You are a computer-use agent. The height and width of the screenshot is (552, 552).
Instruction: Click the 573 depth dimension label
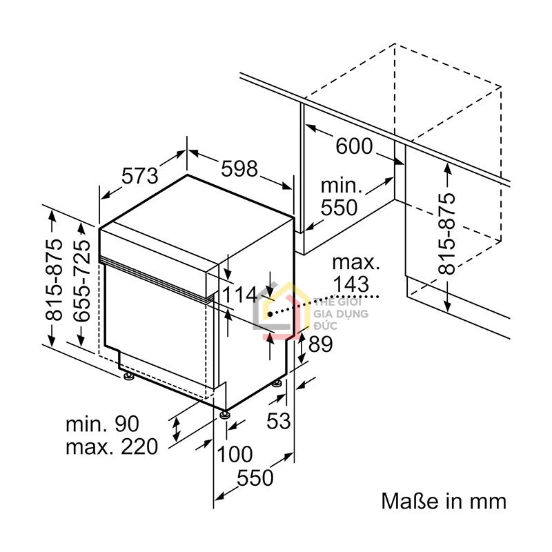click(x=140, y=176)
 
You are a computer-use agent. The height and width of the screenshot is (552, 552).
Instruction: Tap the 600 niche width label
click(x=354, y=146)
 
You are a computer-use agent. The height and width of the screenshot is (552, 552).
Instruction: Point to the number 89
click(x=320, y=344)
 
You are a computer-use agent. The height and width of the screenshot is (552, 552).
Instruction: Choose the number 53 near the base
click(x=279, y=420)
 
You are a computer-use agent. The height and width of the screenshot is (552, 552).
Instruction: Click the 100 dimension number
click(x=235, y=454)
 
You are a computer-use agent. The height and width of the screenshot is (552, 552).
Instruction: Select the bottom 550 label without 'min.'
click(x=255, y=477)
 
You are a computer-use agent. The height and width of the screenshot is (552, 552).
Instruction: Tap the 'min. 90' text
click(x=102, y=424)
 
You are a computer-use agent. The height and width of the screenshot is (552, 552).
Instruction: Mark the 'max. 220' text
click(x=112, y=446)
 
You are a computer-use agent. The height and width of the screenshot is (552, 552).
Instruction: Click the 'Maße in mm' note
click(x=444, y=501)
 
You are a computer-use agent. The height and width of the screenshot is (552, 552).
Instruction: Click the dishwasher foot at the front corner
click(x=226, y=414)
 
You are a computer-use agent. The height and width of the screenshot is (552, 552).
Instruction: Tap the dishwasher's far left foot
click(x=128, y=376)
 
